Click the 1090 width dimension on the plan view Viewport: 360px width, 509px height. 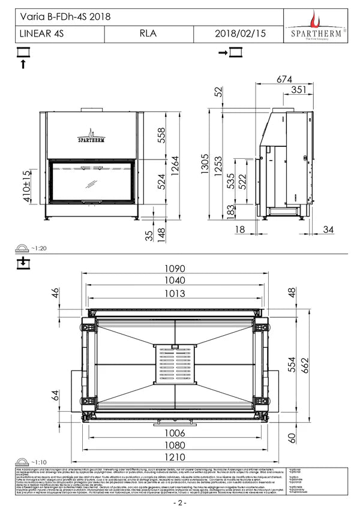click(176, 269)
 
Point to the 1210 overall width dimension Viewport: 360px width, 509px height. click(175, 455)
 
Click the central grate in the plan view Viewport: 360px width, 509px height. click(175, 365)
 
